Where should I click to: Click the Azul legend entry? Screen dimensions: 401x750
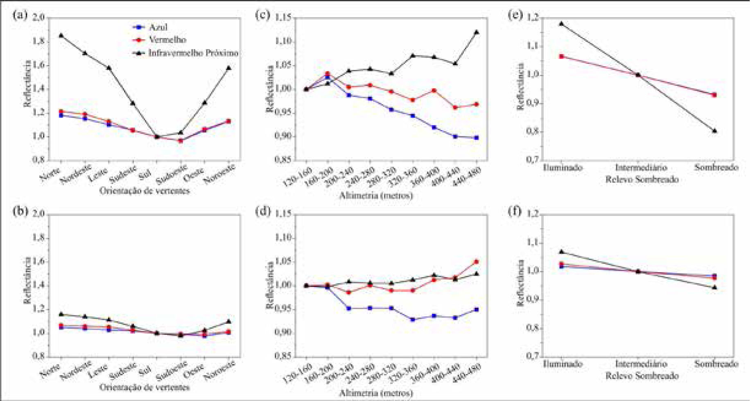[x=158, y=27]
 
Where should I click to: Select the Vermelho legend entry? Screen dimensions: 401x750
[x=167, y=40]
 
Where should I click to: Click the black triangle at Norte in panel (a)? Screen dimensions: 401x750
[x=61, y=36]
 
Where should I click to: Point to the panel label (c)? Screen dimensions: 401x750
[x=262, y=15]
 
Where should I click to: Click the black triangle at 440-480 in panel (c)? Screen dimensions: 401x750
[x=477, y=32]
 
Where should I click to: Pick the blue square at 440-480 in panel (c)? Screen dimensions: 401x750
[x=477, y=138]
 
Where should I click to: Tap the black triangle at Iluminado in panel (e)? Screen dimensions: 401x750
[x=562, y=24]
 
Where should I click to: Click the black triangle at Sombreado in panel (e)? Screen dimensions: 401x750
[x=714, y=131]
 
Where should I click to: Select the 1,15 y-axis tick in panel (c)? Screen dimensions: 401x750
[x=283, y=18]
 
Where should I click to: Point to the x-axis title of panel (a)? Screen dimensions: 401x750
[x=145, y=191]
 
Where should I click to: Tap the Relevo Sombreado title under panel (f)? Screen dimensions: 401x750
[x=642, y=376]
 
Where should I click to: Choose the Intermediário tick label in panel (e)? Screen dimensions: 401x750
[x=641, y=167]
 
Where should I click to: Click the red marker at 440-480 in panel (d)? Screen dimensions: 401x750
[x=477, y=262]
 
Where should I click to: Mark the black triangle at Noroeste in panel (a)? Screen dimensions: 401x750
[x=229, y=68]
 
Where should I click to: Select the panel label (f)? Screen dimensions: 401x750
[x=515, y=212]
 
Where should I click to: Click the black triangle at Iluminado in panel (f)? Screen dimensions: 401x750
[x=562, y=252]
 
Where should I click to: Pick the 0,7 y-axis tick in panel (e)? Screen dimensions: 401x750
[x=532, y=160]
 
